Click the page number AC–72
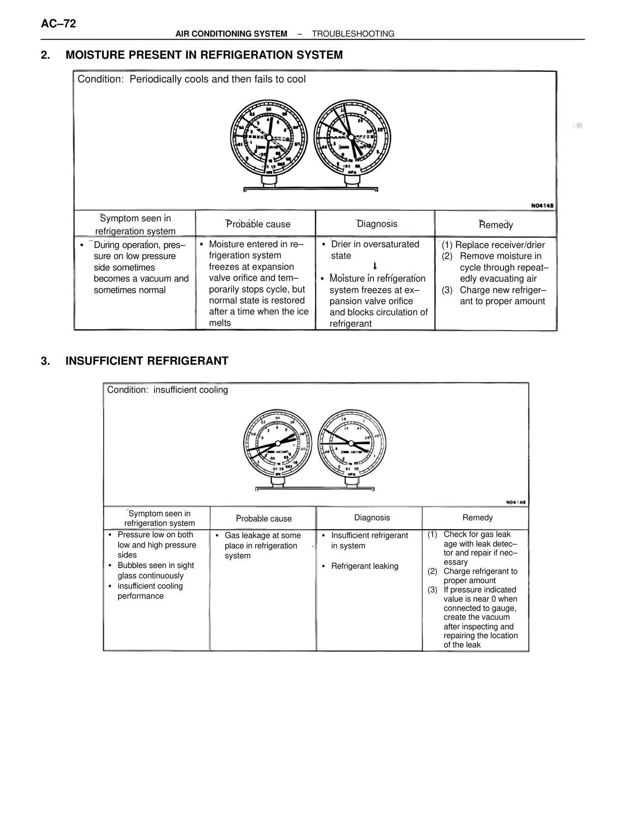tap(58, 24)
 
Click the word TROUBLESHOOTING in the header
tap(353, 34)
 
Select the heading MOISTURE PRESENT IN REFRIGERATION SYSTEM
tap(204, 55)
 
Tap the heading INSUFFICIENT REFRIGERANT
tap(147, 361)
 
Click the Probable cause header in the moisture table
tap(258, 224)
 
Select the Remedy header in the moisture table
tap(496, 225)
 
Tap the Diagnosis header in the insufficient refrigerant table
tap(372, 518)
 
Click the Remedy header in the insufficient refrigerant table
tap(477, 518)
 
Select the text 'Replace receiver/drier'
tap(500, 245)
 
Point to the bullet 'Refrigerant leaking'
tap(365, 566)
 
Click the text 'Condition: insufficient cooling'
tap(167, 390)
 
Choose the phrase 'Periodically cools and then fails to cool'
tap(217, 80)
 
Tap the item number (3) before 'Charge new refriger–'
tap(447, 290)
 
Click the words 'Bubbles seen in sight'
tap(156, 566)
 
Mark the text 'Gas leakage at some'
tap(262, 536)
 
